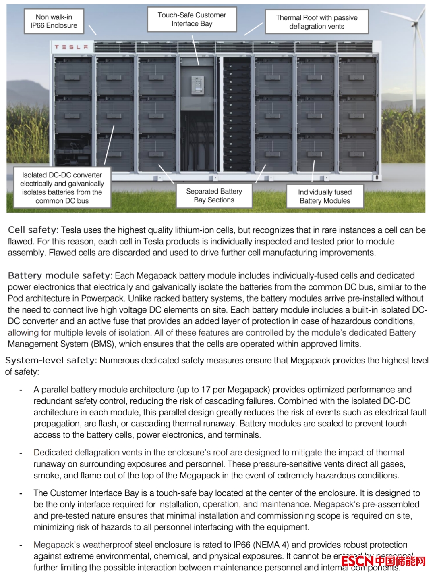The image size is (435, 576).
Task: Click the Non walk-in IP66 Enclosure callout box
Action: (54, 21)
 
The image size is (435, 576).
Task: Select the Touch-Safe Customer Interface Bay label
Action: (192, 19)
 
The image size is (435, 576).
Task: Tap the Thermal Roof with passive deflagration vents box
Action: (317, 22)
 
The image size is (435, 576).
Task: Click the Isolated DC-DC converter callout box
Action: (62, 188)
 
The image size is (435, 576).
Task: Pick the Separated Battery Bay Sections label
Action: (214, 196)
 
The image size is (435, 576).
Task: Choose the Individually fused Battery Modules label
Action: (325, 196)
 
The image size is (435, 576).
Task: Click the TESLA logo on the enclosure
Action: (71, 47)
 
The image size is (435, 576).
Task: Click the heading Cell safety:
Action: (33, 230)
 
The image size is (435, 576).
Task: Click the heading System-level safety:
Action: (51, 361)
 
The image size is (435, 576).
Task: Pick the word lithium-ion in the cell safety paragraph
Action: (195, 230)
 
